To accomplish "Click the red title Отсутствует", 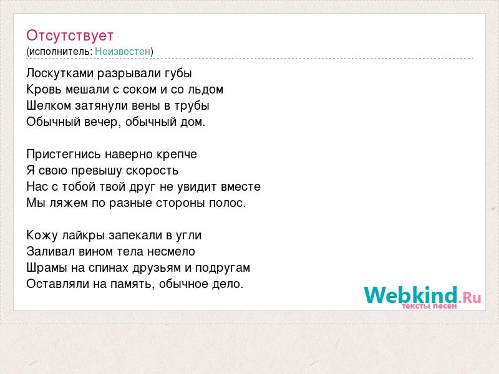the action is pos(70,36).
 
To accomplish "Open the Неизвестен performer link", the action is pos(122,51).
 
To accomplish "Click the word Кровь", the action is pos(44,90).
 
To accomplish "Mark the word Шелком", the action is pos(49,105).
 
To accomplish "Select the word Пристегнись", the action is pos(64,155).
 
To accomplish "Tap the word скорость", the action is pos(152,171).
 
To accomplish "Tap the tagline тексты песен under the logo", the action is pos(429,306).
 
